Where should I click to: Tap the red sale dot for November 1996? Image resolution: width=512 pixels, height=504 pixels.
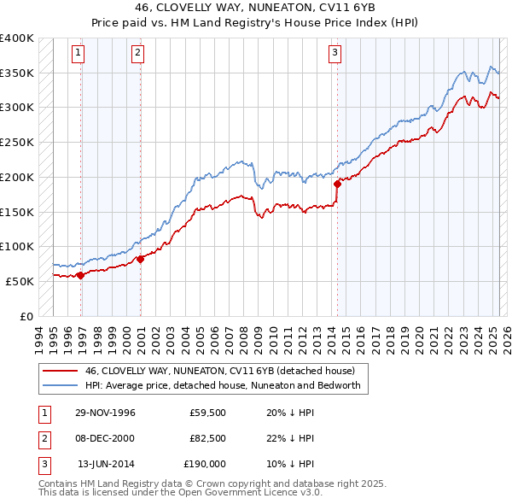click(81, 275)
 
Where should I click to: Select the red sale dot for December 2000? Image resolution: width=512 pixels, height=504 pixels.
click(140, 259)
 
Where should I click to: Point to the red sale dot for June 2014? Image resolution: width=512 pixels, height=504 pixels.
click(337, 183)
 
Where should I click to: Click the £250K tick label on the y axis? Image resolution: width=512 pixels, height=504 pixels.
click(17, 142)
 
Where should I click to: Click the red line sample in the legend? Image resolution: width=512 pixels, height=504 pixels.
click(59, 372)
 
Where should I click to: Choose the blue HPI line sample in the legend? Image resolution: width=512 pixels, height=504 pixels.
click(59, 385)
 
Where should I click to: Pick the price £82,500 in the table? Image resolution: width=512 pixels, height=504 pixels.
click(207, 438)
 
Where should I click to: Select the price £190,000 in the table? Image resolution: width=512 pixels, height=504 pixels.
click(205, 464)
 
